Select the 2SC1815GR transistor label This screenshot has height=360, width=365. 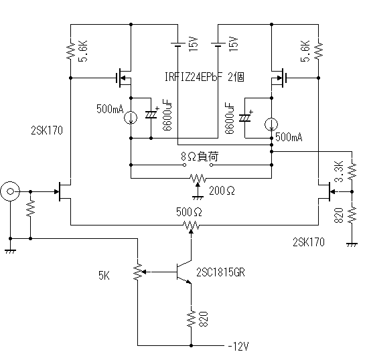(221, 272)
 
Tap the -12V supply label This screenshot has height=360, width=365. (238, 347)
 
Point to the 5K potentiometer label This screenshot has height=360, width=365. (104, 276)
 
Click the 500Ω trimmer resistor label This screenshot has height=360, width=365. (189, 212)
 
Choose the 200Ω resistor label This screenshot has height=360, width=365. (222, 191)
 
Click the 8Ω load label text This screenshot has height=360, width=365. (200, 157)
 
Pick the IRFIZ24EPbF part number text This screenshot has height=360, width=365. (194, 77)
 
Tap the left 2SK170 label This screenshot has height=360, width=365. (47, 130)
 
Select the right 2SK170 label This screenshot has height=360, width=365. (309, 242)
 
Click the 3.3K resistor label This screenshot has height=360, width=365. (339, 171)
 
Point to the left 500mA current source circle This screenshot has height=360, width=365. (131, 118)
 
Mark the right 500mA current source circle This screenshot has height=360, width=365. (271, 124)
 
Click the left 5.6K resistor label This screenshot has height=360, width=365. (83, 51)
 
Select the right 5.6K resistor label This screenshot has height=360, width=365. (305, 51)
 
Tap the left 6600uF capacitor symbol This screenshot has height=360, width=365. (151, 114)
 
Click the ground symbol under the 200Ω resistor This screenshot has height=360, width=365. (198, 197)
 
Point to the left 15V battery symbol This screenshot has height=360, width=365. (178, 45)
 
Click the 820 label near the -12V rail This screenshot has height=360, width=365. (203, 319)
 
